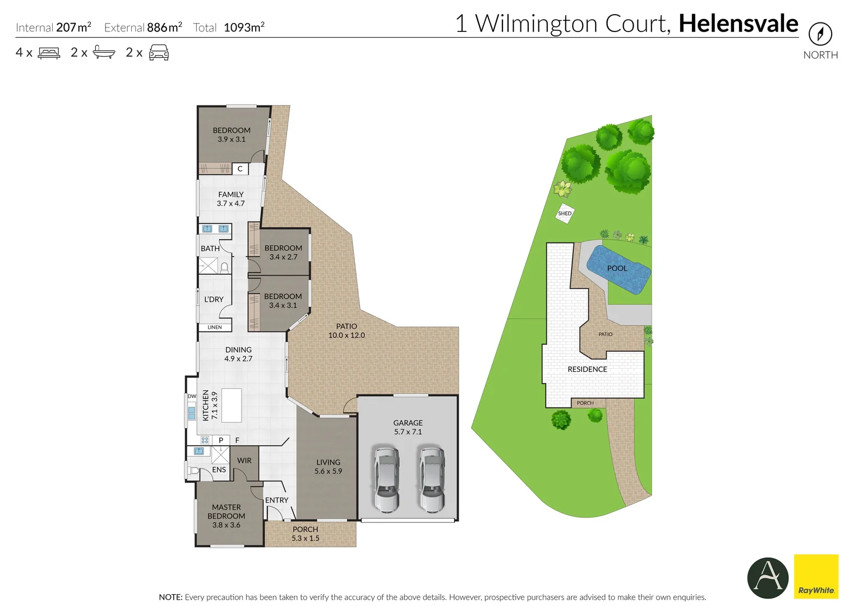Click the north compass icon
pos(820,34)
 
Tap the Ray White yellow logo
pos(816,576)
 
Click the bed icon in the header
pos(49,53)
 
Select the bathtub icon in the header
pos(104,53)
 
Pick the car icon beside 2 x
pos(159,53)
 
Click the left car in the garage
pos(386,479)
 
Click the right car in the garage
pos(431,479)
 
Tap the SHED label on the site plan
pos(565,214)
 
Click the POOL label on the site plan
pos(617,268)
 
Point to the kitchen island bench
pos(232,405)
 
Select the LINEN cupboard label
pos(215,327)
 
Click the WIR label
pos(244,461)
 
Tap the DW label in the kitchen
pos(192,396)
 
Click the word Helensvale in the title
pos(738,24)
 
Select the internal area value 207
pos(66,27)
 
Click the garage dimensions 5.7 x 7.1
pos(408,432)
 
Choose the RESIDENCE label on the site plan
pos(587,369)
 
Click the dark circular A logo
pos(768,577)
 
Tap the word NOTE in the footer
pos(170,597)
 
